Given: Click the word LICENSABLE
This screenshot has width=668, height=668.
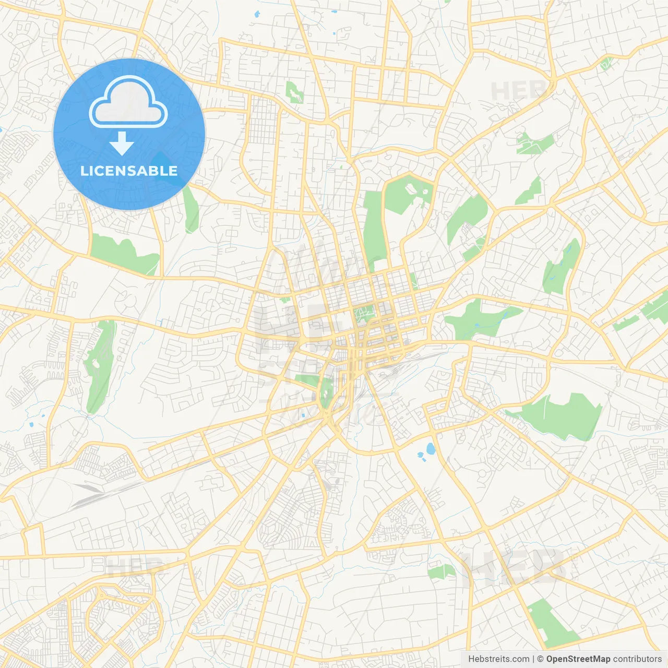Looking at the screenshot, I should point(129,171).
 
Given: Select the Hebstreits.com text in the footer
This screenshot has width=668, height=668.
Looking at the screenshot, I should point(498,659).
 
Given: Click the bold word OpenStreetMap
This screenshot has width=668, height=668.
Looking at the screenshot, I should point(578,659).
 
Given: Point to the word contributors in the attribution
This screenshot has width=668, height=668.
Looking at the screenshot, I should point(637,659).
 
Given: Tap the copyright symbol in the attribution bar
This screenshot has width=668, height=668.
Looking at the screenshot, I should point(541,659).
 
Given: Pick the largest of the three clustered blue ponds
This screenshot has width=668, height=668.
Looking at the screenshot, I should point(431,448).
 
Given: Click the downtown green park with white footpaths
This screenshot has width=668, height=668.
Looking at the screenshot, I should point(365,313).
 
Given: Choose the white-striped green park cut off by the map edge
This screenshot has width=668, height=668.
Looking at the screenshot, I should point(655,308).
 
